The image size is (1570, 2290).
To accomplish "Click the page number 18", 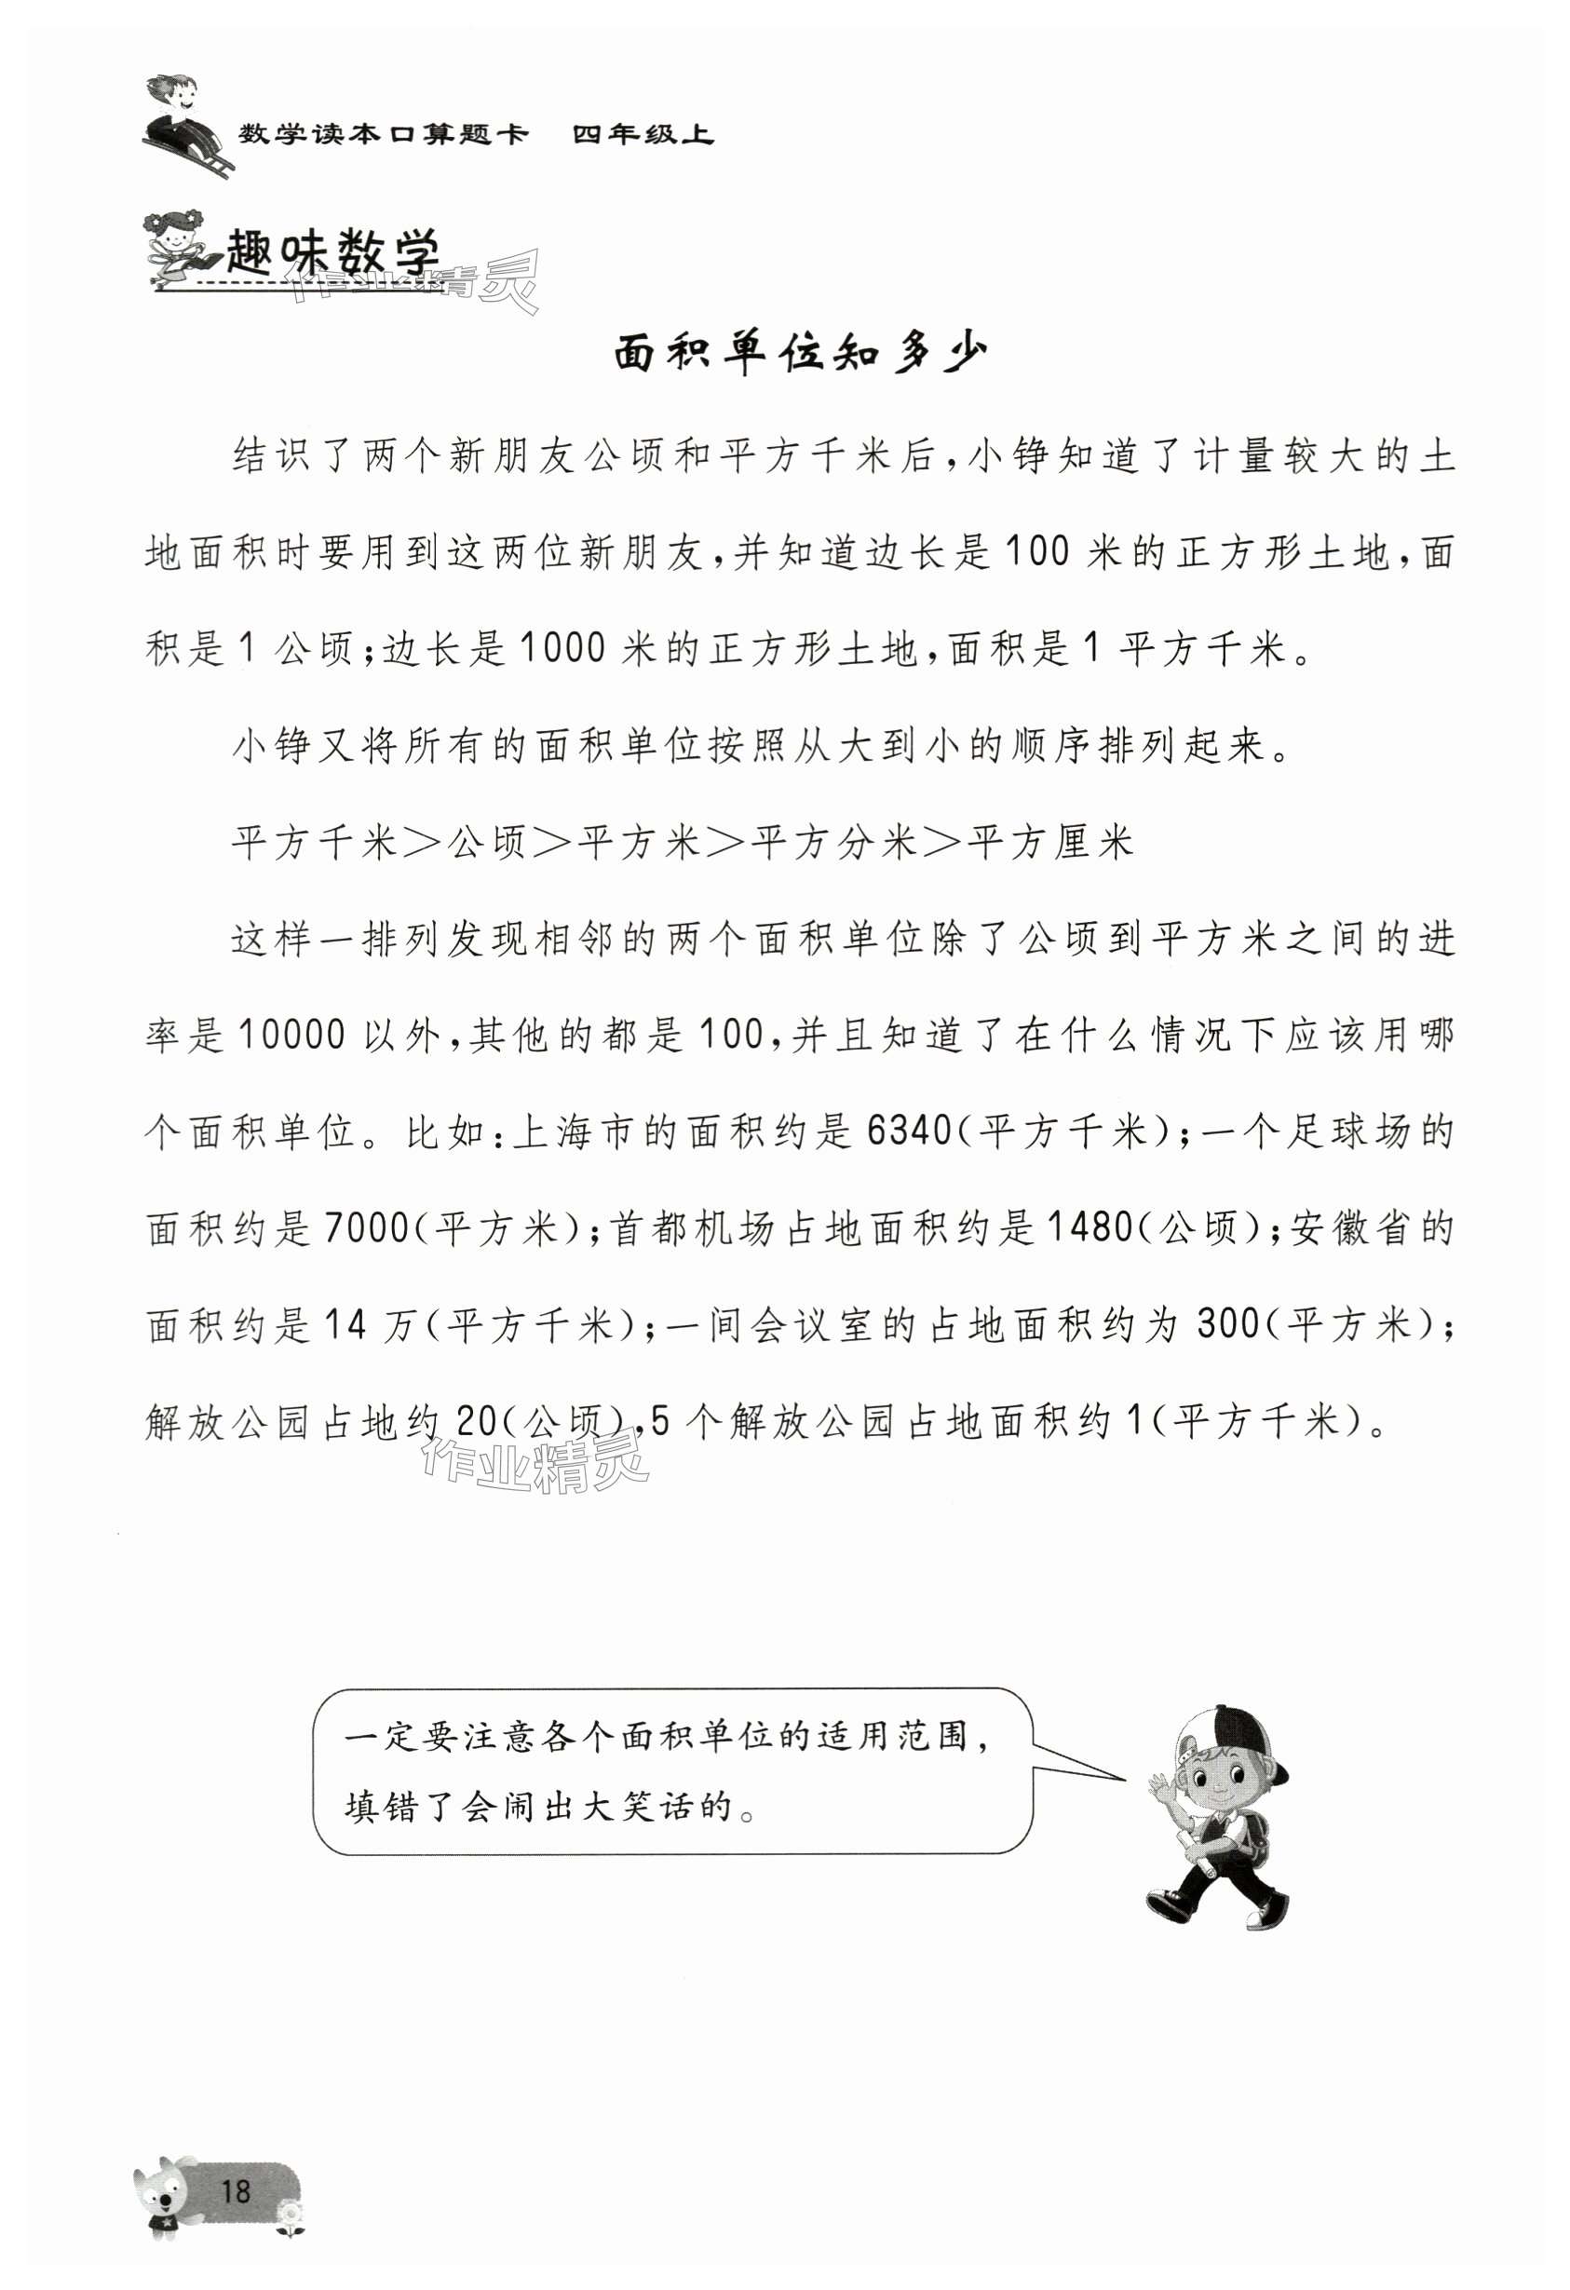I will coord(237,2190).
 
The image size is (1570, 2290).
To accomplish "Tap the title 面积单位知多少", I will coord(799,352).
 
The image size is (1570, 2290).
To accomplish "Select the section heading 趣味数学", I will coord(332,255).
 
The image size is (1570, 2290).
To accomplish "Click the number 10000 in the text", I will coord(291,1036).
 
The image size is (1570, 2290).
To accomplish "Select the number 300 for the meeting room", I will coord(1228,1325).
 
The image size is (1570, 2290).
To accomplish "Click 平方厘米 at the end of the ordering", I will coord(1050,843).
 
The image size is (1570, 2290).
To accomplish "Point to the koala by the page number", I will coord(166,2194).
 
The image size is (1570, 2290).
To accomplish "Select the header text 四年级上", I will coord(643,134).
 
